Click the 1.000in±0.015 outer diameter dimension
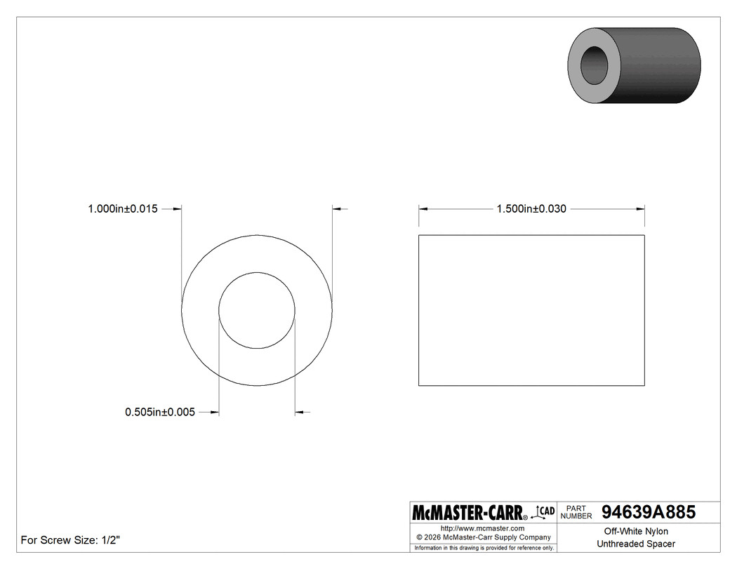pyautogui.click(x=123, y=208)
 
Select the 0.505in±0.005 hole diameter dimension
pyautogui.click(x=160, y=412)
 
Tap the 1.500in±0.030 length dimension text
pyautogui.click(x=531, y=208)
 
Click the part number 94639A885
pyautogui.click(x=649, y=511)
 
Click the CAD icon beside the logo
pyautogui.click(x=543, y=511)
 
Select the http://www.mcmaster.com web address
pyautogui.click(x=483, y=528)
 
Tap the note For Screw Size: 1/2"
pyautogui.click(x=70, y=540)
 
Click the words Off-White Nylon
pyautogui.click(x=636, y=531)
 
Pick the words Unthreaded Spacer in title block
pyautogui.click(x=636, y=544)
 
